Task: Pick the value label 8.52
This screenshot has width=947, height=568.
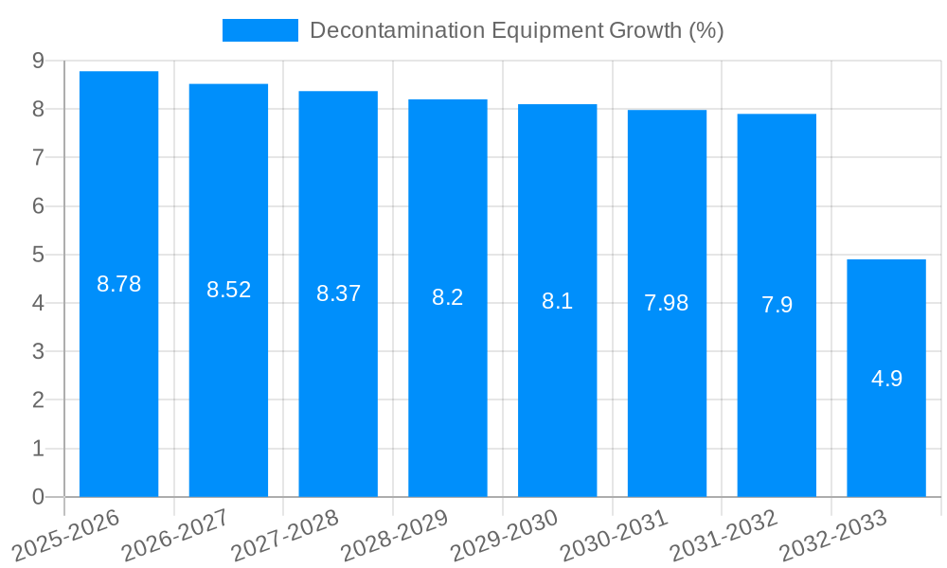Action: [228, 290]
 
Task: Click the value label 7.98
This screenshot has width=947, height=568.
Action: [667, 303]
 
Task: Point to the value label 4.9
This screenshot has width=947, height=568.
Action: [886, 379]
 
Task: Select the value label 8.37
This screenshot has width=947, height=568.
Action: [338, 293]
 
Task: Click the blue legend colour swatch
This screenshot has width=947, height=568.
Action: [259, 30]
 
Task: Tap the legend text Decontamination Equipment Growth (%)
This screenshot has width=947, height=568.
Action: [516, 30]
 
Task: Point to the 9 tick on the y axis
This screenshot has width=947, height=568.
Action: [38, 61]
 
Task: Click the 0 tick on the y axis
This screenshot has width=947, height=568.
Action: [38, 497]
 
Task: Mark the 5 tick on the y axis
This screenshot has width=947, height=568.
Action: [38, 255]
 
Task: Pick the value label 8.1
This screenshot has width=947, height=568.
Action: [557, 301]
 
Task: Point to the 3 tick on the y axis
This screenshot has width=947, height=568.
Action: [38, 351]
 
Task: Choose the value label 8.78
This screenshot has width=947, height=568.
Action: [118, 284]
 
